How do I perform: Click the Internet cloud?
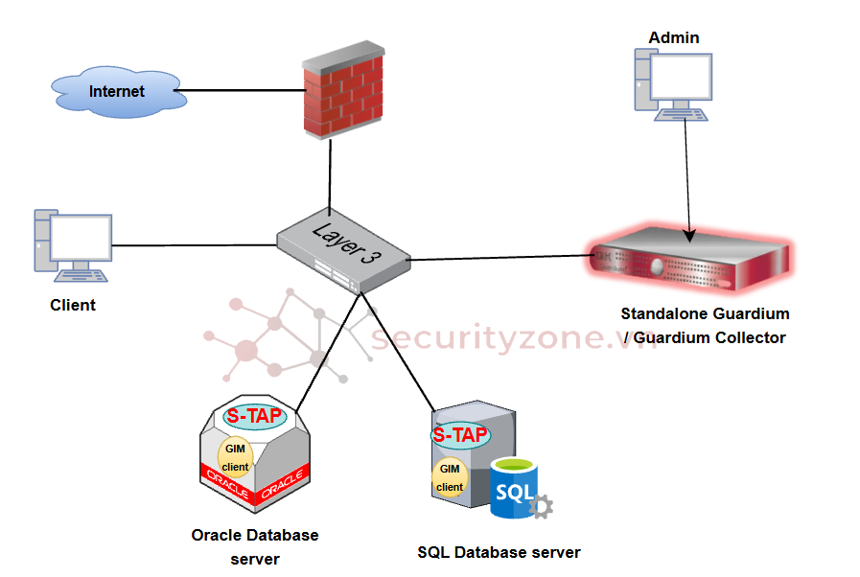[116, 92]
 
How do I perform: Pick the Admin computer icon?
[672, 85]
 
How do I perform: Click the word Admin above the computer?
[674, 38]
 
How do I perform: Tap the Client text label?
[73, 305]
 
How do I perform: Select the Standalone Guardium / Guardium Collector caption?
[705, 326]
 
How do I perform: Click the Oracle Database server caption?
[255, 546]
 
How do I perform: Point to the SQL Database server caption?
[499, 552]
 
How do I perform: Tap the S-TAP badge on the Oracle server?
[254, 416]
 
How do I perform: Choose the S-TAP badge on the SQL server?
[460, 434]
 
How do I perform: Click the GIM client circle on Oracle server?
[236, 458]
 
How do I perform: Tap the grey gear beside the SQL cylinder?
[542, 506]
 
